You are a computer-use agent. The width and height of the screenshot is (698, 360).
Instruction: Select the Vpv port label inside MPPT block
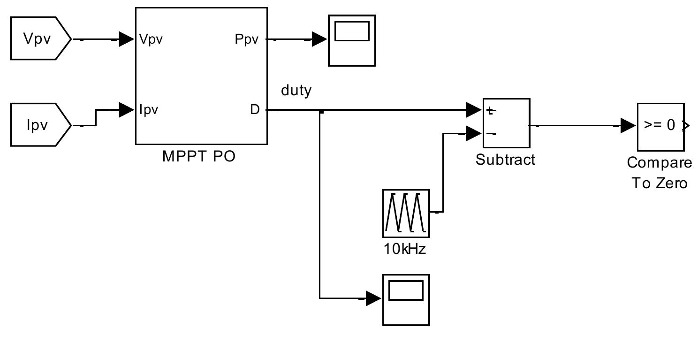(x=151, y=39)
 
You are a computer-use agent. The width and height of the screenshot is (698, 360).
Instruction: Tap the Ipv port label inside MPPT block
(x=149, y=110)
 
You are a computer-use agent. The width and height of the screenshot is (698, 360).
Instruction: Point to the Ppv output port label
(x=247, y=39)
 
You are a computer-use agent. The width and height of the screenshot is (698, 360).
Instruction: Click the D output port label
(x=255, y=110)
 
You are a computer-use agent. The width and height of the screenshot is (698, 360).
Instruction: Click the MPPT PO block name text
(x=199, y=156)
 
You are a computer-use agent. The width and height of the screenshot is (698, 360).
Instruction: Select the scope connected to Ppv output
(x=351, y=40)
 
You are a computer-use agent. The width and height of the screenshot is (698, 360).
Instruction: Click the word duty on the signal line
(x=296, y=90)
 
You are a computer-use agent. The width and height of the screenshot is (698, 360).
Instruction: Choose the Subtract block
(x=506, y=123)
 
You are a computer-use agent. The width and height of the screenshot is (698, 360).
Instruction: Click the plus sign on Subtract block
(x=491, y=111)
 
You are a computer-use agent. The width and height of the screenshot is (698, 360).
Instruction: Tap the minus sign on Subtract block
(x=491, y=134)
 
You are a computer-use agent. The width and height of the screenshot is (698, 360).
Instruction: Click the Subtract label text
(x=505, y=160)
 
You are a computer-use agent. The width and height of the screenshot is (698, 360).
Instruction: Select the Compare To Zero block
(x=660, y=126)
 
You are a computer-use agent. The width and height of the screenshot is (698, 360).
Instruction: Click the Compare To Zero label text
(x=660, y=173)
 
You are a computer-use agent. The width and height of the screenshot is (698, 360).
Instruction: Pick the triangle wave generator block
(x=406, y=213)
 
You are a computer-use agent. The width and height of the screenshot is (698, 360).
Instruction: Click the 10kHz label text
(x=405, y=249)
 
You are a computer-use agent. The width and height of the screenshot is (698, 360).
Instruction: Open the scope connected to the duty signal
(x=406, y=299)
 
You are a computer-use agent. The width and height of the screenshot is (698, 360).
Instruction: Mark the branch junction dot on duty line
(x=320, y=111)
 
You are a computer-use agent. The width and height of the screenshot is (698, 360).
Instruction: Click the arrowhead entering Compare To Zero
(x=628, y=126)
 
